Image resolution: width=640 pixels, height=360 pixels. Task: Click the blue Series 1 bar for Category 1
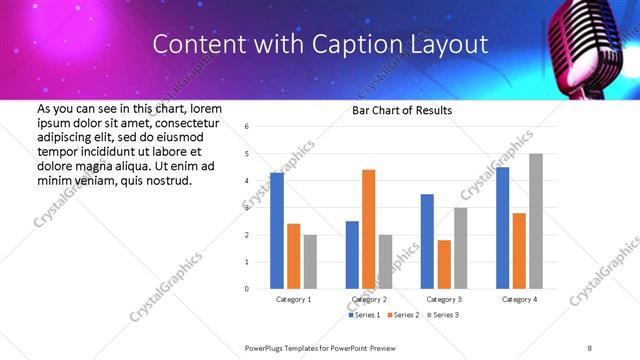[x=277, y=231]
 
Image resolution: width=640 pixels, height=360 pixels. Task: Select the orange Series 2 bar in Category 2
[x=368, y=229]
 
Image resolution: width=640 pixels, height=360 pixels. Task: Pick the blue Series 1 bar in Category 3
[x=427, y=241]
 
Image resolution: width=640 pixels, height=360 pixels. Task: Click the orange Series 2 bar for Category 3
[x=444, y=264]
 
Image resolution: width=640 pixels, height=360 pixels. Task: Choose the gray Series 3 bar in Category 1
[x=310, y=262]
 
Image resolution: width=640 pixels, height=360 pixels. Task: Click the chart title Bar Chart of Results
[x=402, y=110]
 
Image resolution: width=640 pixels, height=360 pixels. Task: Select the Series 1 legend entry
[x=361, y=315]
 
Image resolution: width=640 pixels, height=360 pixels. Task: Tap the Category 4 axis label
[x=518, y=299]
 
